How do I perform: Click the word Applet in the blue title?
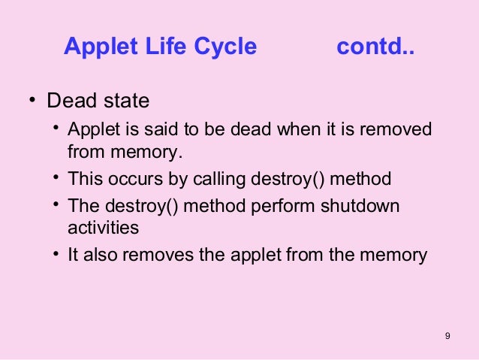pyautogui.click(x=98, y=47)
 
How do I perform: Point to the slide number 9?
pyautogui.click(x=447, y=335)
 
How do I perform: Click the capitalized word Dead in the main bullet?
pyautogui.click(x=71, y=101)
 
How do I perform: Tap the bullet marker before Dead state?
pyautogui.click(x=32, y=101)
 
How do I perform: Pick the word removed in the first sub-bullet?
pyautogui.click(x=401, y=129)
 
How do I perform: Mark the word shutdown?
pyautogui.click(x=363, y=206)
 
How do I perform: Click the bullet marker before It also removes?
pyautogui.click(x=56, y=253)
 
